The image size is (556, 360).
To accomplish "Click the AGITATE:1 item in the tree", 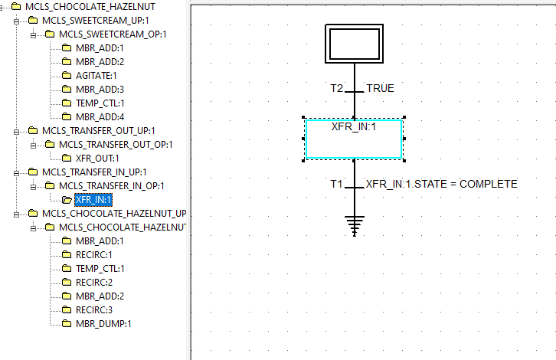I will (96, 75).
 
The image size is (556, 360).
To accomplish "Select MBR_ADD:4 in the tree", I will (100, 116).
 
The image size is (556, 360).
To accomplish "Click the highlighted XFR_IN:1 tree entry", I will (93, 199).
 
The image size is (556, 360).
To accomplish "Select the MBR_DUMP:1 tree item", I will (103, 323).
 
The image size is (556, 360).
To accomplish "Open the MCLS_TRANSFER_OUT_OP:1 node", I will (116, 144).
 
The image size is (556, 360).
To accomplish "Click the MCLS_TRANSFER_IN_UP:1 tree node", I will (93, 172).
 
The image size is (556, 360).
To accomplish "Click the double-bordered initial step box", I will (354, 43).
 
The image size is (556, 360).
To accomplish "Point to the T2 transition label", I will (337, 88).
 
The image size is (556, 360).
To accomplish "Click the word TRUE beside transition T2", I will (380, 88).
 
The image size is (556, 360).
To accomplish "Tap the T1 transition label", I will (337, 184).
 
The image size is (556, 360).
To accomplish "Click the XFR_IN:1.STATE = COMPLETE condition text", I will (441, 184).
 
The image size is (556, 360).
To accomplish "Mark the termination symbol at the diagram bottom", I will (354, 224).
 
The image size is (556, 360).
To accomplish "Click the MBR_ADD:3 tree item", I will (100, 89).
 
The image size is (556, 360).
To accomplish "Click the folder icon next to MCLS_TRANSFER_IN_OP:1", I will (50, 185).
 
